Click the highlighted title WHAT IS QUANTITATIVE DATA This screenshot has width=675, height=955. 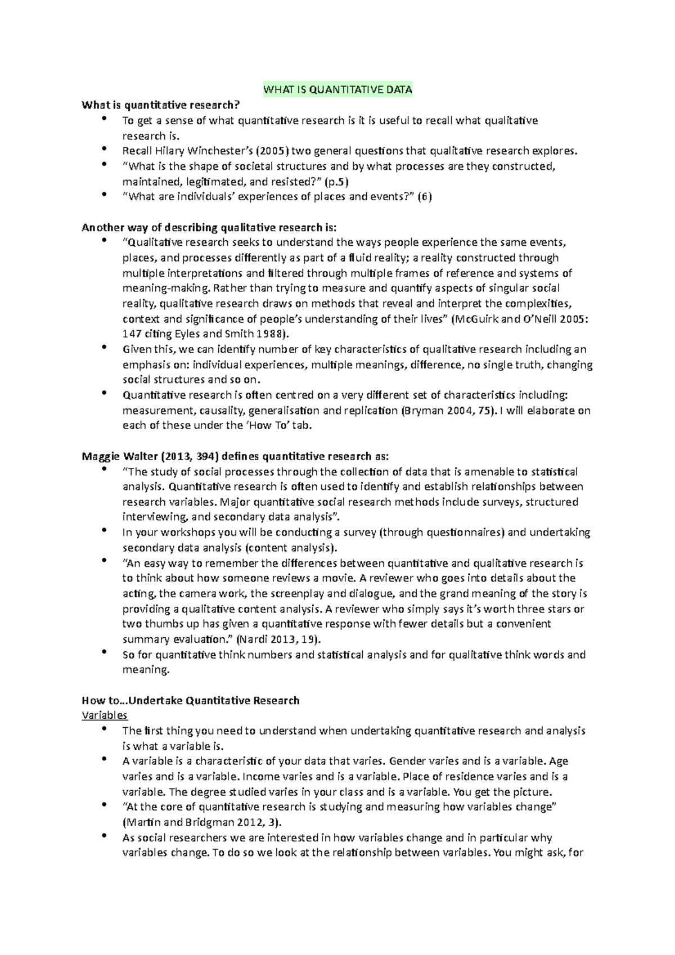337,89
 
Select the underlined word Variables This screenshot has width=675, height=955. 105,715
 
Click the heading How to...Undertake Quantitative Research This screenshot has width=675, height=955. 191,700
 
